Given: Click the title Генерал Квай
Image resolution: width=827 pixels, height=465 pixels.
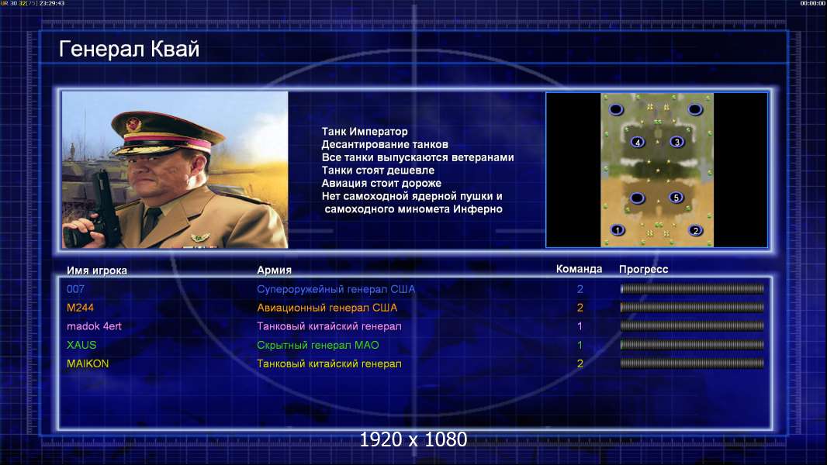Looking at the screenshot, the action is tap(130, 49).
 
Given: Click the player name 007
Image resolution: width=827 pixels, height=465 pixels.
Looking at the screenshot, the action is tap(75, 289).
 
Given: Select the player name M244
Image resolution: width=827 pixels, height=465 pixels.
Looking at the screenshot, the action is tap(80, 308).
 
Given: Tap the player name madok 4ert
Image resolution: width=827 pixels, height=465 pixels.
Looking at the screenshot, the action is tap(94, 326).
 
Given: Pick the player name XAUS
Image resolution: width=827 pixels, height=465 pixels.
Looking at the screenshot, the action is tap(81, 345).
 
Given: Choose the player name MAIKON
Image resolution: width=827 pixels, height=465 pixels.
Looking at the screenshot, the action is tap(88, 363).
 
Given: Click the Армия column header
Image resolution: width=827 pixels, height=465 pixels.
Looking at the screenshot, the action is tap(275, 270).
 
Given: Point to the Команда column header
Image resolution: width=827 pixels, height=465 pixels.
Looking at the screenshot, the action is tap(579, 269).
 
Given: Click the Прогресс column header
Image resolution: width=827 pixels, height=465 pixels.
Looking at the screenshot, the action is tap(643, 269).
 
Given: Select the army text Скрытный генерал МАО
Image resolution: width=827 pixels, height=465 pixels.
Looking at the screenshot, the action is tap(318, 346).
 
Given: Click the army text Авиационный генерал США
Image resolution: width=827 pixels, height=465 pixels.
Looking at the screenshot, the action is tap(327, 308).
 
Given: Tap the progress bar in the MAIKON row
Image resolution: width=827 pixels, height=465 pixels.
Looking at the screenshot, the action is tap(692, 363).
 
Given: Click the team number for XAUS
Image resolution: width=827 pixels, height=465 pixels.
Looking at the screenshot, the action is tap(580, 345).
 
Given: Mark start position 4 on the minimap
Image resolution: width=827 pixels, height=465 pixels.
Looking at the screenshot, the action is tap(638, 142).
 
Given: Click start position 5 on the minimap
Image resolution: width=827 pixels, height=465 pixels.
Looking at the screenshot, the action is tap(676, 198).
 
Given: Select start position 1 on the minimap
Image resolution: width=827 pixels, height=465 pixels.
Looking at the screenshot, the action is tap(617, 230).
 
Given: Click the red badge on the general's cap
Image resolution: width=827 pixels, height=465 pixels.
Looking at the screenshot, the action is tap(133, 125).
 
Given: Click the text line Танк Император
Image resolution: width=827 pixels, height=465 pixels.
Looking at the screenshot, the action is tap(365, 132).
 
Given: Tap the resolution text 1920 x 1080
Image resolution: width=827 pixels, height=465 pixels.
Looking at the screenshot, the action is tap(413, 439).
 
